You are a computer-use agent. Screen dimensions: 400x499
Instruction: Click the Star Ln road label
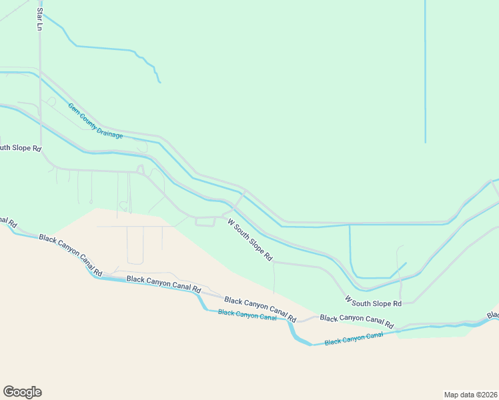pyautogui.click(x=39, y=19)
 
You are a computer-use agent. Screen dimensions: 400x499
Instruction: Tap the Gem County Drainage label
pyautogui.click(x=95, y=121)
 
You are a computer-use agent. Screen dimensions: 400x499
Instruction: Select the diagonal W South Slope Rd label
pyautogui.click(x=250, y=239)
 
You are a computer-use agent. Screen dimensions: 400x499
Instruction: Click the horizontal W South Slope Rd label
pyautogui.click(x=373, y=303)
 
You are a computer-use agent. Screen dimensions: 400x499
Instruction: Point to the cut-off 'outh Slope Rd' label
pyautogui.click(x=20, y=147)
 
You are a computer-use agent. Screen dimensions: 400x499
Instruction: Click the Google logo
pyautogui.click(x=22, y=392)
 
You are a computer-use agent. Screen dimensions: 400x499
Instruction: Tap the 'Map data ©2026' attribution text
pyautogui.click(x=470, y=394)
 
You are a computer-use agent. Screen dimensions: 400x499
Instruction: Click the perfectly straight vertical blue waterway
pyautogui.click(x=425, y=73)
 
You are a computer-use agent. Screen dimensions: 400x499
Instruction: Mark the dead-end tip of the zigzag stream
pyautogui.click(x=160, y=83)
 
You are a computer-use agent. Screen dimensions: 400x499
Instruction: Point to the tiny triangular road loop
pyautogui.click(x=140, y=169)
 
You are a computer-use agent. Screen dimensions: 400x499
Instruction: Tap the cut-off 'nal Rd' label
pyautogui.click(x=8, y=221)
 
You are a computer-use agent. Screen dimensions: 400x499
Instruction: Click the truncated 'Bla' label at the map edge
pyautogui.click(x=492, y=315)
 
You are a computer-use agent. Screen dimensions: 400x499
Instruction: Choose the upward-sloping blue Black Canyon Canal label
pyautogui.click(x=354, y=339)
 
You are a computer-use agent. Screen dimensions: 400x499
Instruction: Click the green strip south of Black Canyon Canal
pyautogui.click(x=440, y=333)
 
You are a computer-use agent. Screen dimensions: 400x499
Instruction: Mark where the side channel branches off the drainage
pyautogui.click(x=349, y=225)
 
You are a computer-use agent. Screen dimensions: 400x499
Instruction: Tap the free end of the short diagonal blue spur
pyautogui.click(x=406, y=263)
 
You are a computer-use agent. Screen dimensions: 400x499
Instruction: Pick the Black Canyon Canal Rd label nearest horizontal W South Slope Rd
pyautogui.click(x=357, y=321)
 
